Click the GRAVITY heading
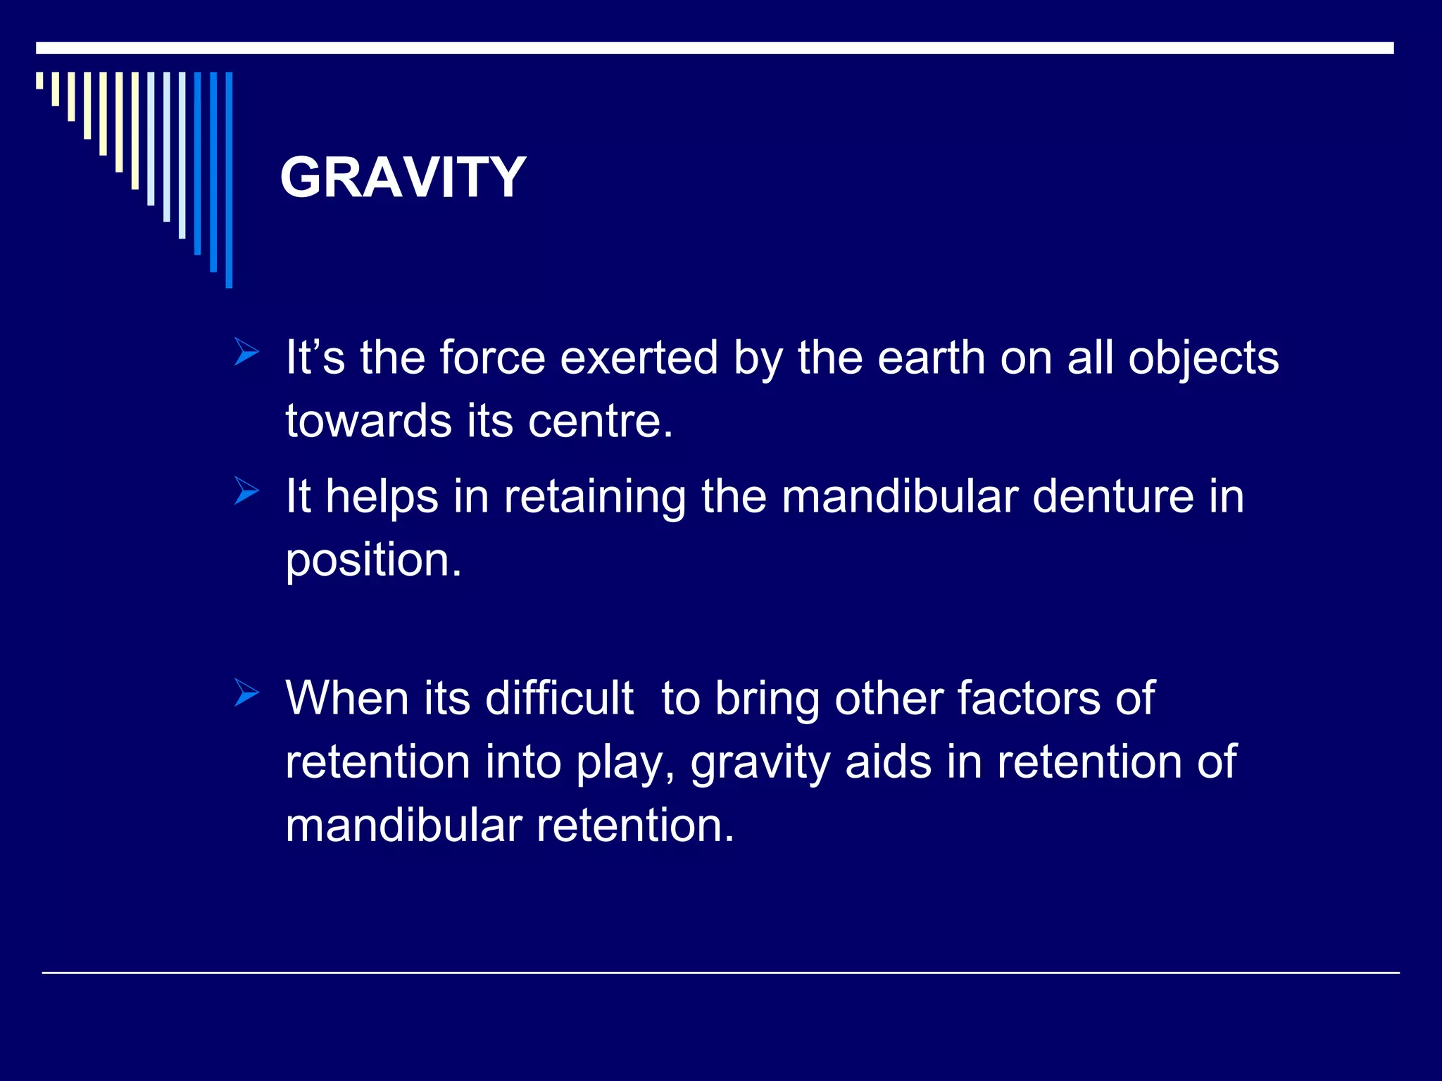click(x=403, y=177)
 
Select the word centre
click(x=600, y=422)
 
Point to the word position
click(x=373, y=562)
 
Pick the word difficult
click(x=559, y=699)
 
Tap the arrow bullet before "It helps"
click(x=246, y=491)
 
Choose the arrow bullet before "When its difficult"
click(x=246, y=693)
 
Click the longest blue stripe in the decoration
click(x=229, y=179)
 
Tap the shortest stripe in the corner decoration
click(x=39, y=80)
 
